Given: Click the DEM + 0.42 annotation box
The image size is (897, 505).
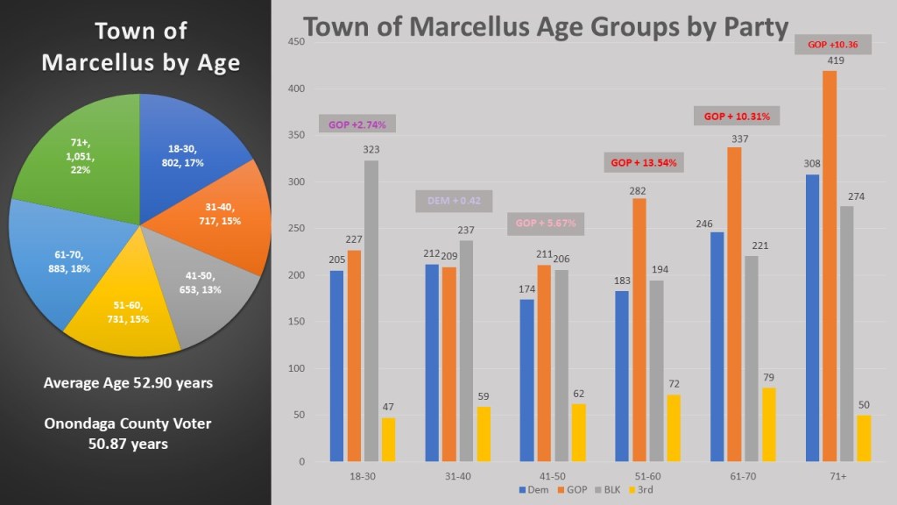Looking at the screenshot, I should click(453, 201).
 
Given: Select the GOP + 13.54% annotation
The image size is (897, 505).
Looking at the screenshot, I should click(643, 162).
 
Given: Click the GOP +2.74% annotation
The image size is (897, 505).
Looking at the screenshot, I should click(357, 124).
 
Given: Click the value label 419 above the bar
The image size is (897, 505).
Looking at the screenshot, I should click(829, 61).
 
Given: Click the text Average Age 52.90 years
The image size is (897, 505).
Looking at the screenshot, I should click(128, 383).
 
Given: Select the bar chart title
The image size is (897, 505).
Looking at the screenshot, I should click(546, 26).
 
